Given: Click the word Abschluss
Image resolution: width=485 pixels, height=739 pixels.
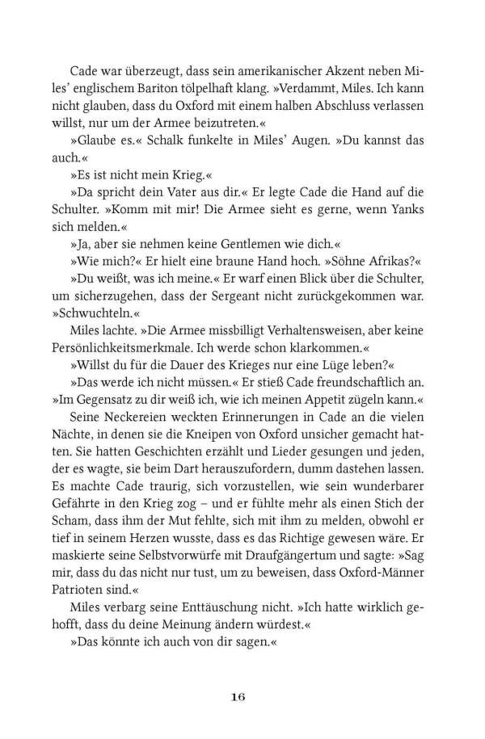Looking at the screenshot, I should (327, 105).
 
